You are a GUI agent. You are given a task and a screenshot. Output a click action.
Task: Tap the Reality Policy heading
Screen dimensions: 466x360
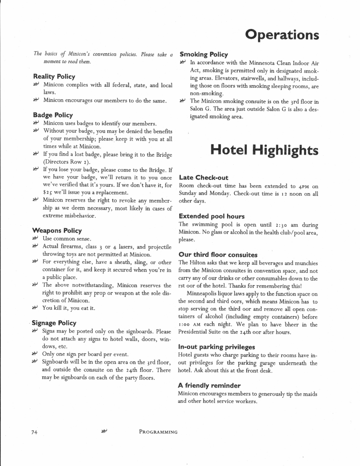54,77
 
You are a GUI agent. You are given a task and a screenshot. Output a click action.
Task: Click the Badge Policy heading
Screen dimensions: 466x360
53,115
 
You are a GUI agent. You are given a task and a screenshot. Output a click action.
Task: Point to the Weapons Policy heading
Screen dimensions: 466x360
57,230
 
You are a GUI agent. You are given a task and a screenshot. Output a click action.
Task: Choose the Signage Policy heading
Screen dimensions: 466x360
54,323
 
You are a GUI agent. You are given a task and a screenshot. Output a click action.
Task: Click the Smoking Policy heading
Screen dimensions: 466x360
204,54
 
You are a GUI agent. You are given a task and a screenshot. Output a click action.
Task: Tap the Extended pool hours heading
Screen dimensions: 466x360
212,216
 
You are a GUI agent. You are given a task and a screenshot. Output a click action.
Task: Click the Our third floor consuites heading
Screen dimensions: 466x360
218,255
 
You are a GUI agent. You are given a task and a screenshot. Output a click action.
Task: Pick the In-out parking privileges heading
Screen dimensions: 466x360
217,347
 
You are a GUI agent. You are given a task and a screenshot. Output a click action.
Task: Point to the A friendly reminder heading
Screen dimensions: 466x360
209,386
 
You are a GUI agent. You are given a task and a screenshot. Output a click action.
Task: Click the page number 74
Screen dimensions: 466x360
35,432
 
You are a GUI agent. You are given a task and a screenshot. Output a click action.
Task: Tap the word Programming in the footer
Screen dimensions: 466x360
158,432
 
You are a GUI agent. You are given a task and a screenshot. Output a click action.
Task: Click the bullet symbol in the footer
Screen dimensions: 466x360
104,432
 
